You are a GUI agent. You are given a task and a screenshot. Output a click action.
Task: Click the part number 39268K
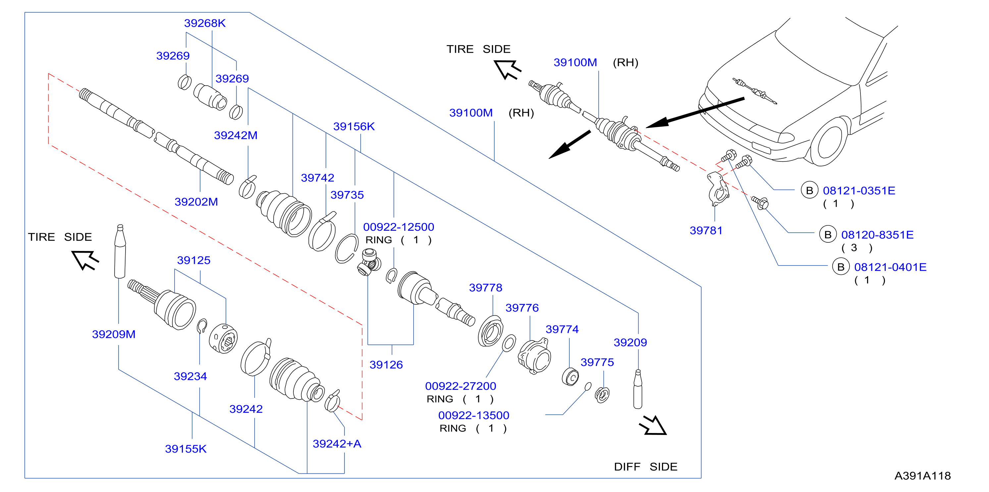click(x=205, y=23)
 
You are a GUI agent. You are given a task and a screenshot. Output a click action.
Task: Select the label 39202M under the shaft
click(x=196, y=202)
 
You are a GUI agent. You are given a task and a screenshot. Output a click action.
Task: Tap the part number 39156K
click(x=354, y=126)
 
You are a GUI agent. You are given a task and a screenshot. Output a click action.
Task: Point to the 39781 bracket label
click(x=706, y=231)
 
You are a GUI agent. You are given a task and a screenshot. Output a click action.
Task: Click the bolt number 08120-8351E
click(x=877, y=235)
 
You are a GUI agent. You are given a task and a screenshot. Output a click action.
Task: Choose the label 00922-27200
click(x=460, y=386)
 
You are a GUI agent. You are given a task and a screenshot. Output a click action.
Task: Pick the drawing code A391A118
click(x=922, y=476)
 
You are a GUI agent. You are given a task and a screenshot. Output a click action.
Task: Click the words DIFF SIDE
click(x=646, y=466)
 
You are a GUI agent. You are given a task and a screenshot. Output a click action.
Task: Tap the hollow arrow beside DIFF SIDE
click(x=653, y=425)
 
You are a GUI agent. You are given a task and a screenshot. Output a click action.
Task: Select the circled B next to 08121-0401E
click(x=840, y=267)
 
